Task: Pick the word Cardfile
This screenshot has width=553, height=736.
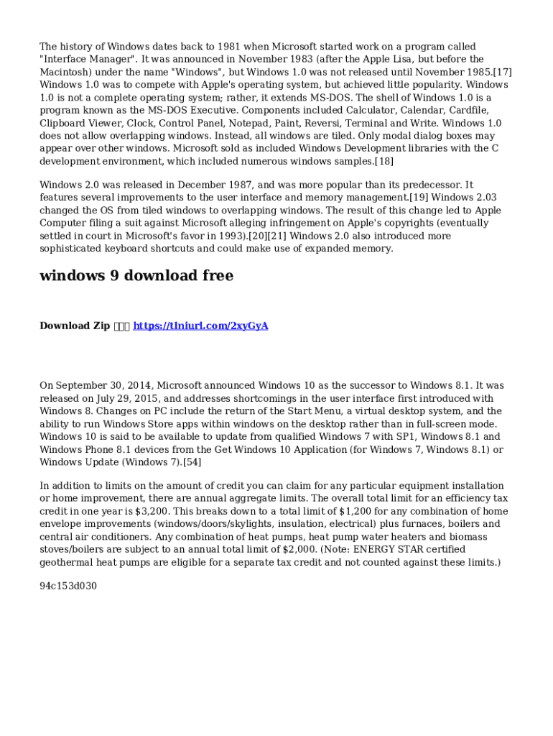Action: click(x=467, y=110)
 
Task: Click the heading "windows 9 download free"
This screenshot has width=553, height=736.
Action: click(x=136, y=276)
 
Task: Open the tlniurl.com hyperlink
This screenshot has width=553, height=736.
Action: click(x=201, y=326)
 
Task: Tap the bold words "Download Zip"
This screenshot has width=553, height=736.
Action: click(x=75, y=326)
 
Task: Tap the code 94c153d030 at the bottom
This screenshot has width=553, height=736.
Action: click(x=68, y=586)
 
